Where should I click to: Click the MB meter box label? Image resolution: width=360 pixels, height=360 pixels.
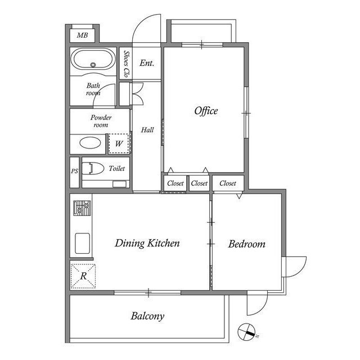[x=83, y=35]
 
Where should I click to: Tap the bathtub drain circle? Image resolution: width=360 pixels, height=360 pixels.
[x=93, y=65]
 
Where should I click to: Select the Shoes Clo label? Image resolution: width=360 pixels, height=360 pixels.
[x=126, y=64]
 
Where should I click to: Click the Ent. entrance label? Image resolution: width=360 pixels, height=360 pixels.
[x=147, y=63]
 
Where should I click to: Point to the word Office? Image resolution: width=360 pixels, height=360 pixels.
[x=206, y=111]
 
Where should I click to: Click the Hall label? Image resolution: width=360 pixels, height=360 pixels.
[x=147, y=130]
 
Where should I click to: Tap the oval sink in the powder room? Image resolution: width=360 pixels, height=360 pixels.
[x=90, y=143]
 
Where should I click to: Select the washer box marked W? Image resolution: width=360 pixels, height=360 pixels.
[x=119, y=143]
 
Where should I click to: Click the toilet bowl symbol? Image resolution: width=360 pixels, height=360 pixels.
[x=93, y=168]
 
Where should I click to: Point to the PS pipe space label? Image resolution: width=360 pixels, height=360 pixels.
[x=74, y=171]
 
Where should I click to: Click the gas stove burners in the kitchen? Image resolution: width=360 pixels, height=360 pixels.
[x=82, y=208]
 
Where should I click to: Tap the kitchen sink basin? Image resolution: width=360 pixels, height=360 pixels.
[x=83, y=244]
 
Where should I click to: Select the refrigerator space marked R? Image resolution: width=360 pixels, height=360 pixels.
[x=83, y=276]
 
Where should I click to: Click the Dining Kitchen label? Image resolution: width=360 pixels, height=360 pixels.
[x=147, y=243]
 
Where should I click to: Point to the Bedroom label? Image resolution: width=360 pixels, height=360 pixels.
[x=247, y=244]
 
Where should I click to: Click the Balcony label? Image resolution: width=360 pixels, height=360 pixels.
[x=147, y=316]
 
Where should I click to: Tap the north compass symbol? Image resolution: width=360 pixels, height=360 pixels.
[x=247, y=332]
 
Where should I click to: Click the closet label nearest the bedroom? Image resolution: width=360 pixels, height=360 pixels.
[x=228, y=183]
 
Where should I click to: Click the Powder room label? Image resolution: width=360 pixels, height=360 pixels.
[x=101, y=121]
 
